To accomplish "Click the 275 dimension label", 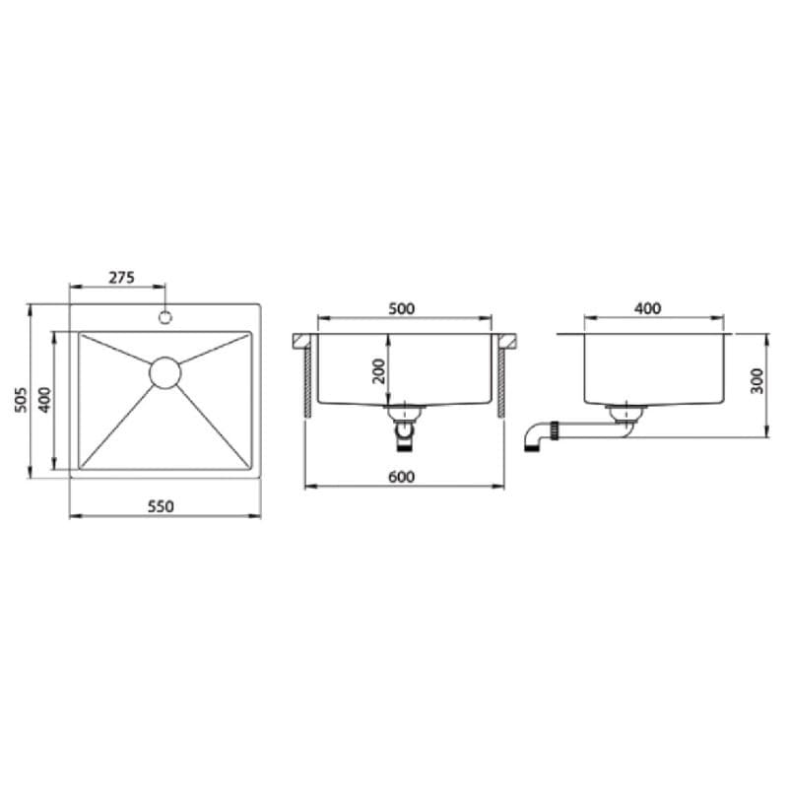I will coord(120,278).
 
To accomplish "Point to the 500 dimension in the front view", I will coord(402,308).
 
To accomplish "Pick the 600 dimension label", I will coord(402,477).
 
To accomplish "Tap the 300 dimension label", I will coord(756,382).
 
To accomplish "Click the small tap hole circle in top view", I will coord(165,317).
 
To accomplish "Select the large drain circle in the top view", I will coord(165,371).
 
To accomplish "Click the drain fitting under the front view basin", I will coord(402,422).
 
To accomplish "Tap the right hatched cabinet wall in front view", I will coord(501,379).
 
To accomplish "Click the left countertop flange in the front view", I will coord(300,341).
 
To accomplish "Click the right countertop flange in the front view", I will coord(509,341).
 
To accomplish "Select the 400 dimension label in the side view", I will coord(647,308).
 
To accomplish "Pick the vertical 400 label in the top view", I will coord(43,399).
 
